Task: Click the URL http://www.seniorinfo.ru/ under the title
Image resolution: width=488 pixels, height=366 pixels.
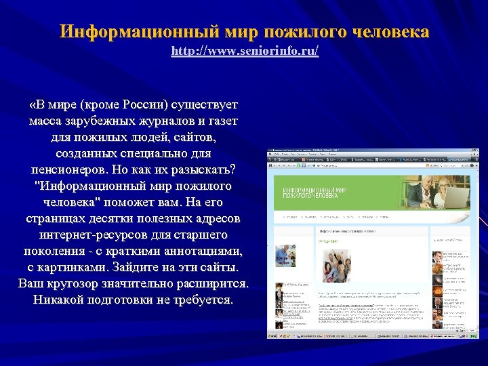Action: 245,51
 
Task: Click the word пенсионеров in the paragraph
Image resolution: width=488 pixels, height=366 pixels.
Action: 71,167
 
